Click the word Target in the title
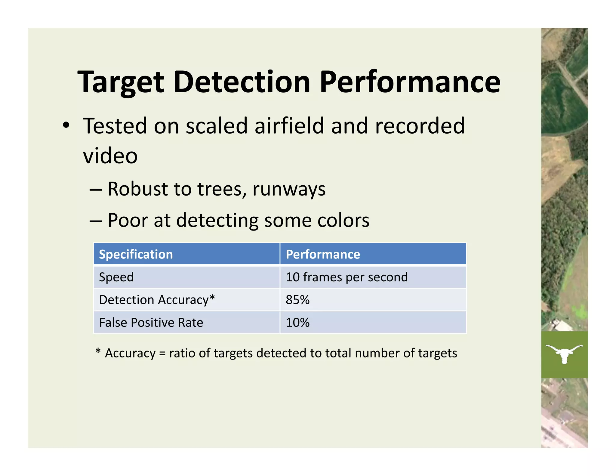coord(121,82)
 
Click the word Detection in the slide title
coord(242,82)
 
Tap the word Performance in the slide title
coord(410,82)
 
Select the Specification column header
coord(136,255)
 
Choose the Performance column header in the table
coord(323,255)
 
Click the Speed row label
coord(116,277)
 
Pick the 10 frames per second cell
coord(346,277)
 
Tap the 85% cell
coord(297,300)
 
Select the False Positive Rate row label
coord(151,323)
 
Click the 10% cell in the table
coord(297,323)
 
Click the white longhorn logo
coord(564,353)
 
